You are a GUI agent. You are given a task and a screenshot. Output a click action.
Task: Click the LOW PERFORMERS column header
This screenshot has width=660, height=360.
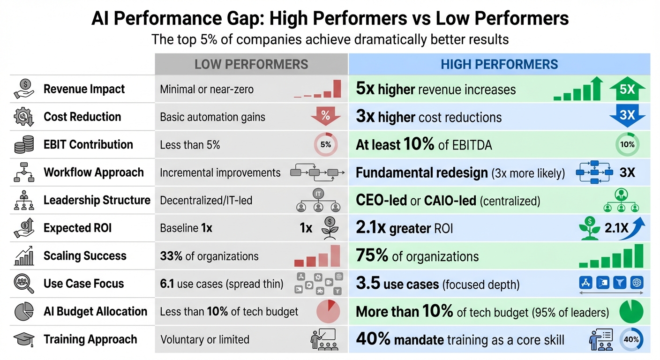tap(251, 64)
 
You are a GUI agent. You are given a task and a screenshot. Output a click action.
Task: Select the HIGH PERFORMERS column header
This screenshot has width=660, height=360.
tap(499, 64)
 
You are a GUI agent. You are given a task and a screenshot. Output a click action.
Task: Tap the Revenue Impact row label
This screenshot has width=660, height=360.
tap(84, 89)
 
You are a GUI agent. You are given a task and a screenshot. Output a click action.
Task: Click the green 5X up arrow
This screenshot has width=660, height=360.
tap(627, 89)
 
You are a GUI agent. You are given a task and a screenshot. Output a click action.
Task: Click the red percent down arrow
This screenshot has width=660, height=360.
tap(325, 116)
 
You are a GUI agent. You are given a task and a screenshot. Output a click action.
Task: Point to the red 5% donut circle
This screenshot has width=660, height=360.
tap(325, 145)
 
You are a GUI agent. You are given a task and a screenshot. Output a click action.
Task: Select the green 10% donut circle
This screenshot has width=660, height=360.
tap(627, 145)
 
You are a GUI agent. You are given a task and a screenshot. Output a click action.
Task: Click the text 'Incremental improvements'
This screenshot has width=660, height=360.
tap(220, 172)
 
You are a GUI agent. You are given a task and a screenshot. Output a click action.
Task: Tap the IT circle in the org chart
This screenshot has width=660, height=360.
tap(318, 193)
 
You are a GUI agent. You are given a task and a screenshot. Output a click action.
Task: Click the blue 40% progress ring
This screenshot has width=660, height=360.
tap(631, 339)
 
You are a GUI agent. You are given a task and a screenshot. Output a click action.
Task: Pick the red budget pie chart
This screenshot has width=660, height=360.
tap(328, 312)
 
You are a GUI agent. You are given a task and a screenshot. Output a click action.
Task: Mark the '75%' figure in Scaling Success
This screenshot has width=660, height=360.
tap(372, 256)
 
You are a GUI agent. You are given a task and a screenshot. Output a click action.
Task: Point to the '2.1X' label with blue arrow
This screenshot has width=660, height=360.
tap(618, 228)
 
